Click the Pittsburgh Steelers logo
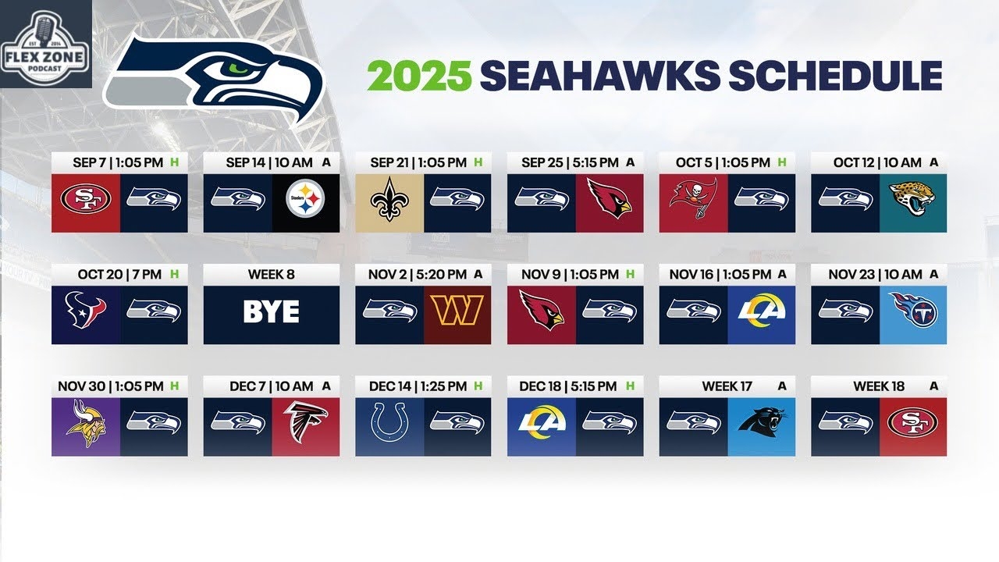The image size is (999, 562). click(x=305, y=202)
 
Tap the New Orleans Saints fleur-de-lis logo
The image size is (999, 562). click(x=389, y=202)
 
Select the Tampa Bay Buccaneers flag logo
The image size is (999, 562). click(x=692, y=202)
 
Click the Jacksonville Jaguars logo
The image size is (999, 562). click(x=912, y=202)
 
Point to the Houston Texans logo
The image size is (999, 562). click(x=86, y=314)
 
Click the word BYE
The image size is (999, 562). click(x=271, y=313)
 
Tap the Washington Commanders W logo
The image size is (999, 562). click(x=457, y=314)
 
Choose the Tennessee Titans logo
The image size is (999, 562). click(x=912, y=314)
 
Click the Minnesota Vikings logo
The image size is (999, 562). click(x=86, y=426)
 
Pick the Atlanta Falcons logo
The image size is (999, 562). click(x=305, y=426)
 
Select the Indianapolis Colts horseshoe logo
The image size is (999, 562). click(x=389, y=426)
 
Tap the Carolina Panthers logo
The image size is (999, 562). click(x=761, y=426)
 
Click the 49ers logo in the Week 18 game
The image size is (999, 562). click(x=912, y=426)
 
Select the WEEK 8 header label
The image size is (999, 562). click(x=271, y=275)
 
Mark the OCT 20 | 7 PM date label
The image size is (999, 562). click(x=119, y=275)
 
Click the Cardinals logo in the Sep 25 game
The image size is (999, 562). click(x=610, y=202)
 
